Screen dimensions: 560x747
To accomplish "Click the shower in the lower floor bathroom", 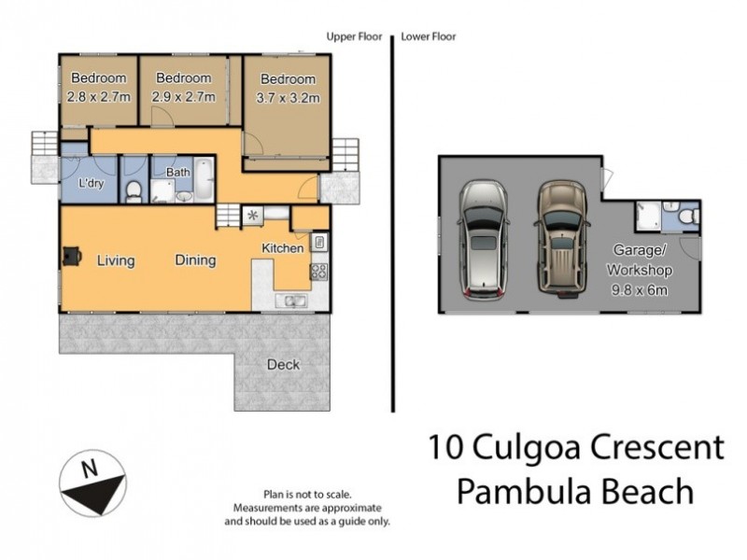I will tap(648, 217).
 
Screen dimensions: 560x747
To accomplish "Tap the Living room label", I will tap(116, 260).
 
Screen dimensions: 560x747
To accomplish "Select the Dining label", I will tap(195, 260).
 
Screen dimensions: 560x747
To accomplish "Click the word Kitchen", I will tap(282, 249).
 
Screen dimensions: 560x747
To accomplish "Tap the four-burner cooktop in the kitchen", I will tap(318, 272).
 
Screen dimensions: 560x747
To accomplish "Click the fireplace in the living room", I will tap(71, 257).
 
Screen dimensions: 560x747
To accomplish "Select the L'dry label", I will tap(91, 184).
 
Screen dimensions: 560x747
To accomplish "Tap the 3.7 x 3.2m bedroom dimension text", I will tap(288, 97).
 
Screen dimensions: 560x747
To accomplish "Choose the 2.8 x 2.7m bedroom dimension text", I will tap(98, 95).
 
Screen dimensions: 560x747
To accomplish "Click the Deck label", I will tap(283, 364).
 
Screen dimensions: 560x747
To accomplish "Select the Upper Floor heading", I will tap(354, 37).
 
